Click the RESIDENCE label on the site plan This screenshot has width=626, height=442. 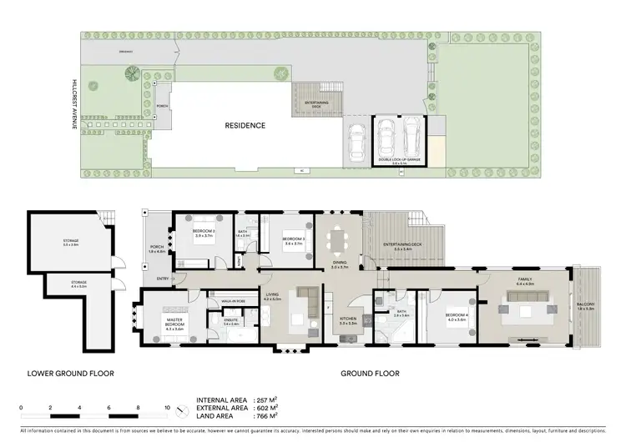pyautogui.click(x=245, y=126)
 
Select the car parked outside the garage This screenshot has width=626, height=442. pyautogui.click(x=356, y=144)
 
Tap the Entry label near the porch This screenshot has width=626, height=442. pyautogui.click(x=161, y=279)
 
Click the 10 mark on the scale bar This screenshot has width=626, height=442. pyautogui.click(x=168, y=409)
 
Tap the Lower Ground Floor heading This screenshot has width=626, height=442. pyautogui.click(x=71, y=373)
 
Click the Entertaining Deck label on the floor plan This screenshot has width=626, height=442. pyautogui.click(x=401, y=244)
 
